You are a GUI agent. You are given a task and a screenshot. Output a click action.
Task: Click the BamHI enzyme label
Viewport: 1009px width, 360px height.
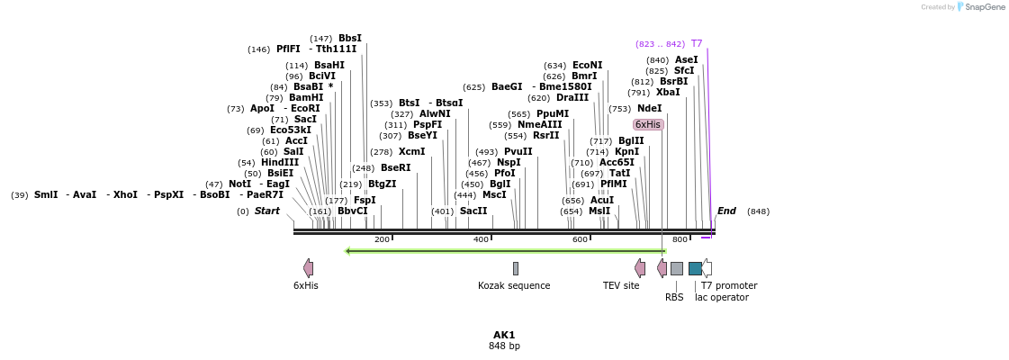tap(306, 97)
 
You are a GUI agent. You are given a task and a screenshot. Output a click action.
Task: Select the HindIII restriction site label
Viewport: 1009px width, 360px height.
tap(280, 162)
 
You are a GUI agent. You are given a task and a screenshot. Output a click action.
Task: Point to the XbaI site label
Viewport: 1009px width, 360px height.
tap(668, 92)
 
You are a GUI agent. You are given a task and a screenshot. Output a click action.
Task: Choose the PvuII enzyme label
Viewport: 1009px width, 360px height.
tap(518, 151)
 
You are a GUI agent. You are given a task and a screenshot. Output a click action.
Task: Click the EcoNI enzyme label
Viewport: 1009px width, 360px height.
tap(587, 65)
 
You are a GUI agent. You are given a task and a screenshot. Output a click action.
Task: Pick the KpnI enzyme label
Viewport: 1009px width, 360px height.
tap(627, 151)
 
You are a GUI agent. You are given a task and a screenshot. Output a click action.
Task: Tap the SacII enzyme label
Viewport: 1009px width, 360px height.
tap(473, 211)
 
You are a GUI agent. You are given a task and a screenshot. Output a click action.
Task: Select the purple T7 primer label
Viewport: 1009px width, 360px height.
tap(697, 43)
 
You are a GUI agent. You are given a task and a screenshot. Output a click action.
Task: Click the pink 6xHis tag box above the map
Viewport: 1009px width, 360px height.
tap(648, 124)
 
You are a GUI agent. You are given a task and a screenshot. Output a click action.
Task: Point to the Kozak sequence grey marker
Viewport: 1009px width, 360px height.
tap(516, 268)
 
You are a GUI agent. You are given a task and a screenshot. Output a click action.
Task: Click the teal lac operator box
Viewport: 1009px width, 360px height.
tap(695, 268)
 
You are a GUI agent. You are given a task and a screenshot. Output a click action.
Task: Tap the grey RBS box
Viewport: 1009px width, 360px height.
tap(677, 268)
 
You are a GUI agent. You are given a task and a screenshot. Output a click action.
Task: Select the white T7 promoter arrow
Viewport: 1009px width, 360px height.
tap(707, 268)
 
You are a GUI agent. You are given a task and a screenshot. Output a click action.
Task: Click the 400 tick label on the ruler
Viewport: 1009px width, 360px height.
tap(481, 238)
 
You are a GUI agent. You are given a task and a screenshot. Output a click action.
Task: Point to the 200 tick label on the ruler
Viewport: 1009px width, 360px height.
tap(382, 238)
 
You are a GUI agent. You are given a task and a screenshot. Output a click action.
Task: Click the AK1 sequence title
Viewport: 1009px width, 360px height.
tap(504, 335)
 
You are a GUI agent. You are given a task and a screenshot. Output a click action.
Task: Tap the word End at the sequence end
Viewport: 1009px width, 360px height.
tap(726, 211)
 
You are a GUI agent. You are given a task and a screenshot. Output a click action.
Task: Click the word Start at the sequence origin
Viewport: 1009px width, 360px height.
tap(267, 211)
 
